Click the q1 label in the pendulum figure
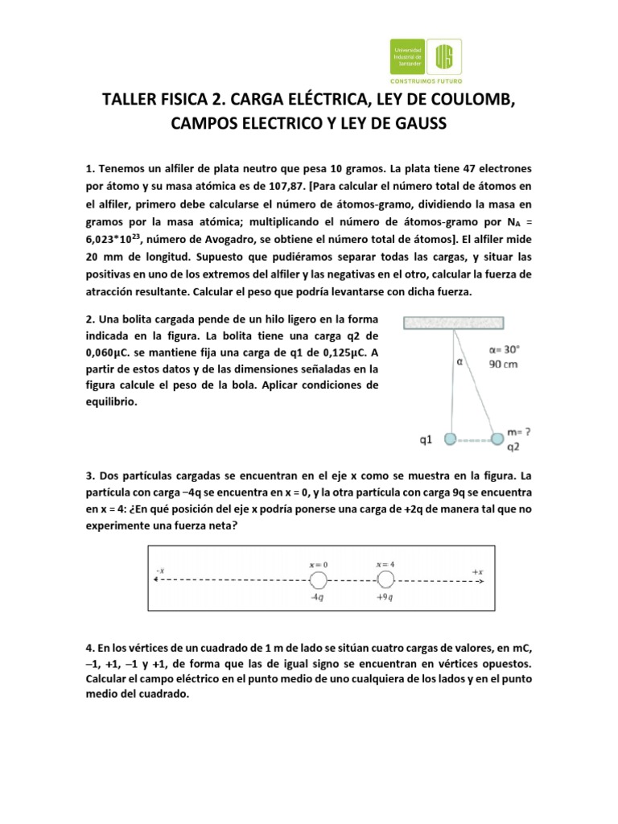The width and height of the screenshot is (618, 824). click(x=427, y=440)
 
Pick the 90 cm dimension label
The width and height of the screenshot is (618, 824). click(x=505, y=364)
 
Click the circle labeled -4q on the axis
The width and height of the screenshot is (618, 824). click(x=319, y=581)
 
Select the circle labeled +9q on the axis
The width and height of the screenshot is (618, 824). click(x=385, y=581)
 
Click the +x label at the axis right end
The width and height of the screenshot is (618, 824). click(x=478, y=571)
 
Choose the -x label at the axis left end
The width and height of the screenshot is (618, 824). click(x=159, y=571)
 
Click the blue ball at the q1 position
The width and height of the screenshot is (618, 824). click(x=451, y=439)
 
